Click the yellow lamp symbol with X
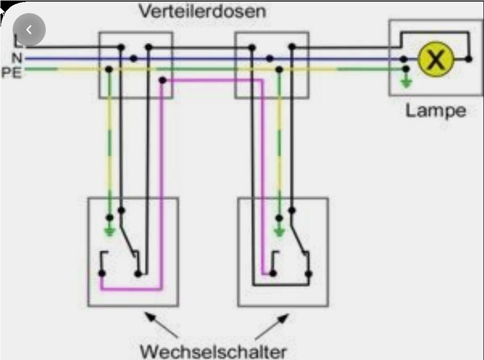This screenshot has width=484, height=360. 436,59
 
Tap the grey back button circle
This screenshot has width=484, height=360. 29,30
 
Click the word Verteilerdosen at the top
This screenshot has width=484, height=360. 202,11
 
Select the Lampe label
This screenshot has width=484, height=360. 436,111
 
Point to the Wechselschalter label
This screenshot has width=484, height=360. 213,351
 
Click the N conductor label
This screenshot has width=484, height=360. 17,58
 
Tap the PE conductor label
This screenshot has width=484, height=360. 12,73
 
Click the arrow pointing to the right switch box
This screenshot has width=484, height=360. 272,327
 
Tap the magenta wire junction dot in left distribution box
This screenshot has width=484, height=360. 163,80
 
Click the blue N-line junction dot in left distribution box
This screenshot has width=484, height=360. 133,58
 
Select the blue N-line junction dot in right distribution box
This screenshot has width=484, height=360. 270,58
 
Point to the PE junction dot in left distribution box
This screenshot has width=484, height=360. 109,69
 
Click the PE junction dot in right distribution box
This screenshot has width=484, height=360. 279,70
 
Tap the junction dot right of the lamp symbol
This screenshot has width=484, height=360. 468,59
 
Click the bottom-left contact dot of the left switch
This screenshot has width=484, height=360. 102,274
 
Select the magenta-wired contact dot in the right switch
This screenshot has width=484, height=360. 273,274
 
